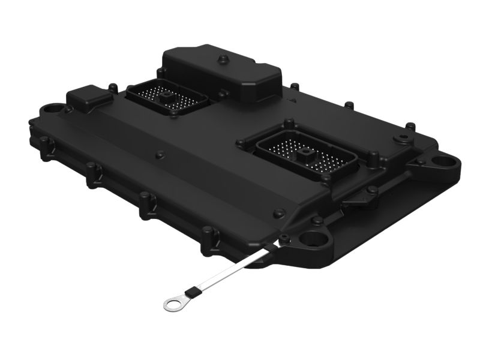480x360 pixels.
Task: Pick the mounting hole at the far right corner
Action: click(x=445, y=161)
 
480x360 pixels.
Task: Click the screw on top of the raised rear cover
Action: click(x=223, y=59)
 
